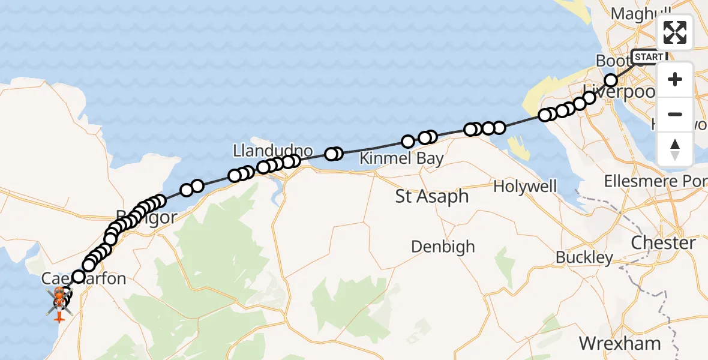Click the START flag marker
(x=649, y=57)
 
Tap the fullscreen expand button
(x=675, y=32)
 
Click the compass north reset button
(x=675, y=149)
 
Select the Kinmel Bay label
(x=401, y=159)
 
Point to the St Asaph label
(x=431, y=196)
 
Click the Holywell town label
(x=525, y=187)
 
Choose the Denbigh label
(x=443, y=247)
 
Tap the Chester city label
(x=663, y=243)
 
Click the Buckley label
(x=584, y=258)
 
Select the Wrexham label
(x=620, y=344)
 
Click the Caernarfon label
(x=84, y=279)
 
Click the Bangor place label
(x=147, y=217)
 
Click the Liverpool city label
(x=621, y=94)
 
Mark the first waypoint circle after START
(x=611, y=80)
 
